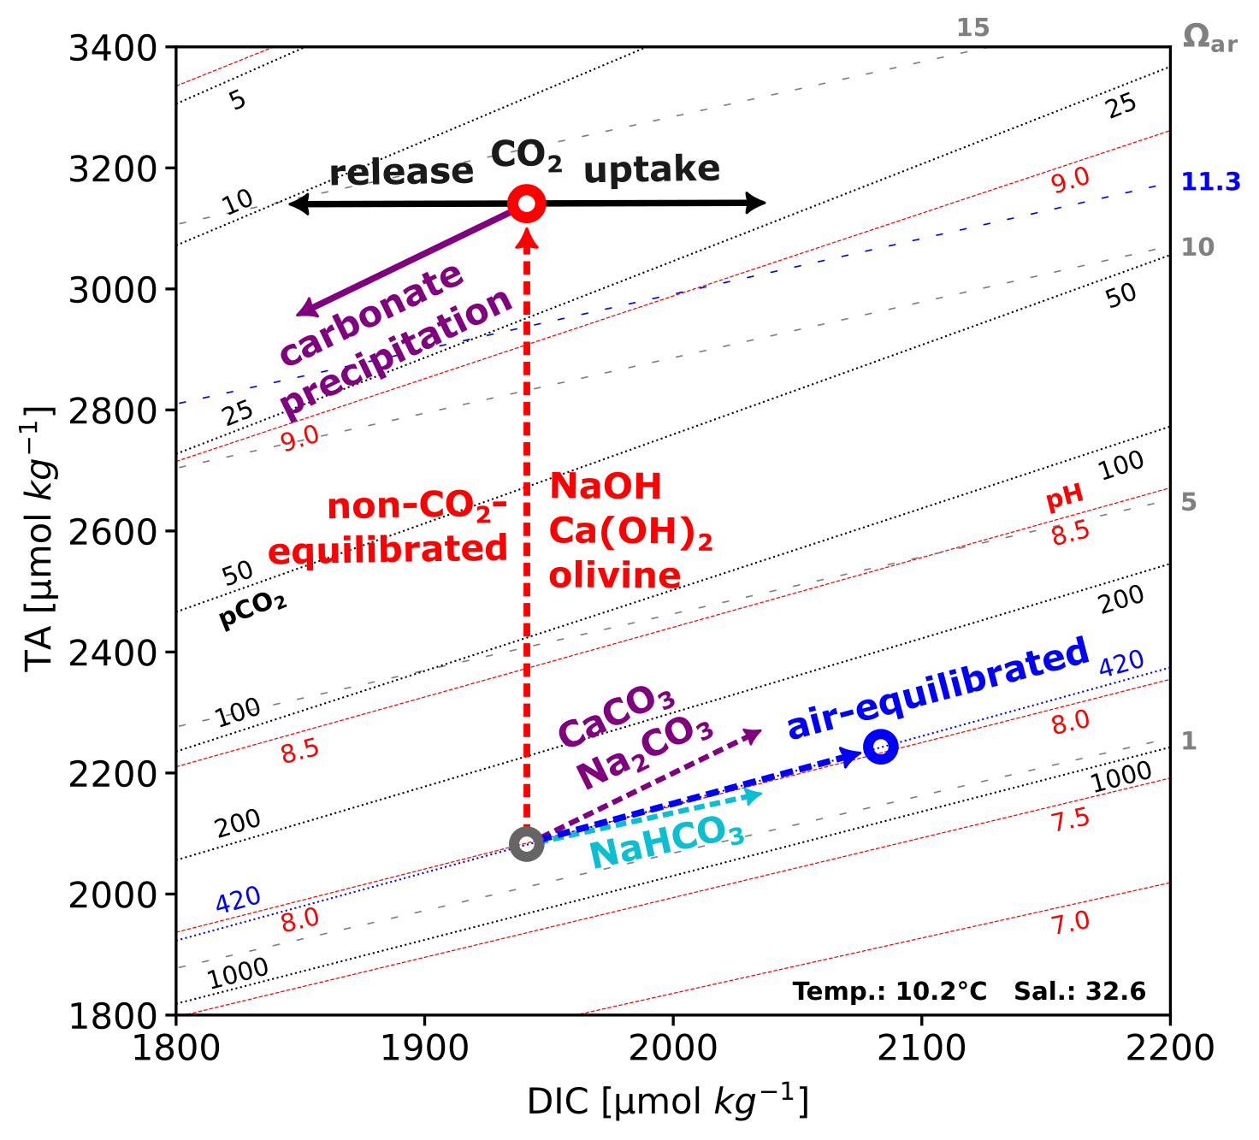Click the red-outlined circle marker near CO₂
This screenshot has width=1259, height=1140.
click(527, 204)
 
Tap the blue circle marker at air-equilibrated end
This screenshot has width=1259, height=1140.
click(880, 747)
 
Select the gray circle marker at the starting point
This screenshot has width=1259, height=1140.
click(526, 844)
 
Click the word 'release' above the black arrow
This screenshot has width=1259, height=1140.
click(401, 173)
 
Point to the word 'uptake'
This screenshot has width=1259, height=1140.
click(651, 169)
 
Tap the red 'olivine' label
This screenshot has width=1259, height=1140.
click(614, 576)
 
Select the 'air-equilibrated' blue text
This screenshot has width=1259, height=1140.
click(937, 689)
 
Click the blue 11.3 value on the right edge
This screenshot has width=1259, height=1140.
click(1210, 181)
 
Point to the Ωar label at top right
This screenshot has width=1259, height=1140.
click(1209, 38)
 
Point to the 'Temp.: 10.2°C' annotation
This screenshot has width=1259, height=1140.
click(889, 991)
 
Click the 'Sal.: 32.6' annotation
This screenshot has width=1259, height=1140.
click(1079, 991)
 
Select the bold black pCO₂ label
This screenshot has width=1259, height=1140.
click(252, 611)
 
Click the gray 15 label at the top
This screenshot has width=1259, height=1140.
click(972, 28)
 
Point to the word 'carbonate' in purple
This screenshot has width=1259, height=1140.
click(372, 314)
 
